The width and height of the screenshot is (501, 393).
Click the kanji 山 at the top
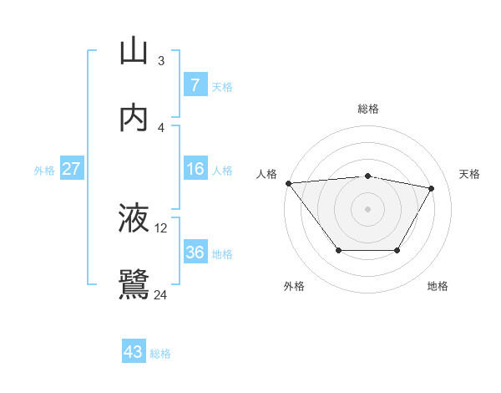[x=134, y=51]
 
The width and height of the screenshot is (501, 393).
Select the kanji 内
[x=134, y=118]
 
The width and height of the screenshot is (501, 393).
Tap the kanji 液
[x=134, y=218]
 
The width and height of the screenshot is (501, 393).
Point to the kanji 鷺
[x=134, y=285]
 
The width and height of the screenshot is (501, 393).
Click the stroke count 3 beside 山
[x=161, y=60]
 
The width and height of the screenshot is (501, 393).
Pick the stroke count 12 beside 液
[x=161, y=227]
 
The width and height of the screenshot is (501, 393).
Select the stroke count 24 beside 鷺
[x=161, y=294]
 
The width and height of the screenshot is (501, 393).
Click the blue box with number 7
[x=195, y=84]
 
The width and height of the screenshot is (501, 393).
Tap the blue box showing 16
[x=195, y=169]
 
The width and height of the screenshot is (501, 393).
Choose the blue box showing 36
[x=195, y=252]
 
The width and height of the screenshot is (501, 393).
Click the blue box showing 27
[x=71, y=169]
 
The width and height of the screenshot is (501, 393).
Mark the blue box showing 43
[x=134, y=352]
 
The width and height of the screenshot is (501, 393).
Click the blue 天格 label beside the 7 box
[x=222, y=86]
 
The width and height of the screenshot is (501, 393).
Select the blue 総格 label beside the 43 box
[x=160, y=354]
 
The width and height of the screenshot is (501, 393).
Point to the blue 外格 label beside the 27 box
[x=44, y=171]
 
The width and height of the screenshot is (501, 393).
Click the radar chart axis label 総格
[x=367, y=109]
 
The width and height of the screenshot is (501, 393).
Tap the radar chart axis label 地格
[x=438, y=286]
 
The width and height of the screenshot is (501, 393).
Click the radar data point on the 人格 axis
[x=288, y=183]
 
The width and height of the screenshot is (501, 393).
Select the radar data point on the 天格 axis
[x=431, y=188]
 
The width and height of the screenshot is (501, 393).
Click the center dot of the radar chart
[x=367, y=209]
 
